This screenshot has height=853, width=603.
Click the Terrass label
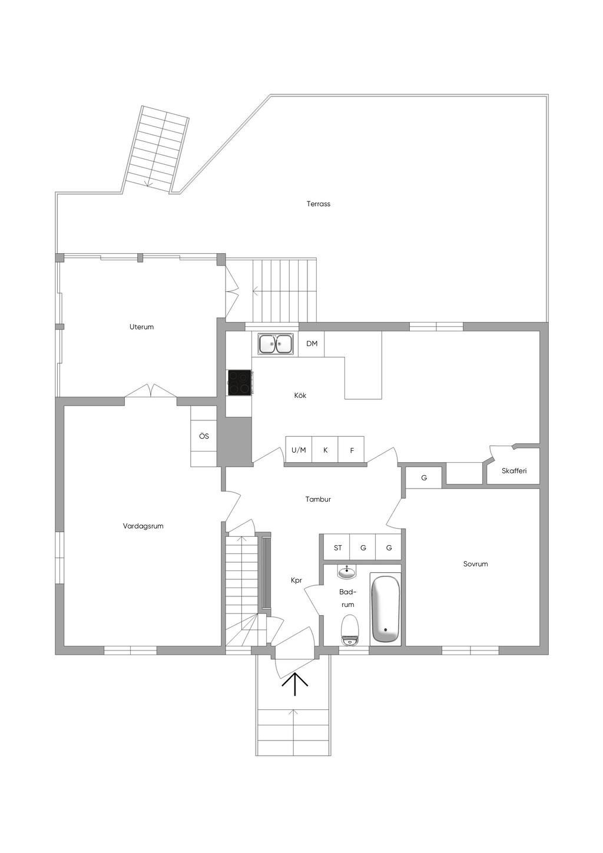click(318, 204)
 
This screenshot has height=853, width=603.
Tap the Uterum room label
click(141, 327)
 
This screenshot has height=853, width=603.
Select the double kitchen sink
click(275, 344)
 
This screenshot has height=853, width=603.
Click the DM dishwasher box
click(312, 344)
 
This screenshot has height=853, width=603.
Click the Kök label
click(300, 396)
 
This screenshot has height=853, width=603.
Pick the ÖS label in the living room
click(204, 436)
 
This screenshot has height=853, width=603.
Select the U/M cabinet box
click(299, 450)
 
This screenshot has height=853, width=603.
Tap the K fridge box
click(325, 450)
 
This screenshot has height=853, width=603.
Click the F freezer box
click(352, 450)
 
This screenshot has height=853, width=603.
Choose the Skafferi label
click(513, 471)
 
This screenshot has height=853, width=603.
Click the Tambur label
click(318, 499)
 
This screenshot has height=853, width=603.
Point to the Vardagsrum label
click(143, 526)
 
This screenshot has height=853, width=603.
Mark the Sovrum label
click(475, 564)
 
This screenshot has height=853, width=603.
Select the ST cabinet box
click(337, 548)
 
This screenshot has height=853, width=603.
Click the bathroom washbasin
click(347, 572)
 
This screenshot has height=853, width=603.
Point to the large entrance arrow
click(294, 684)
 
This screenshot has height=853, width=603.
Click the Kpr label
click(296, 580)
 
